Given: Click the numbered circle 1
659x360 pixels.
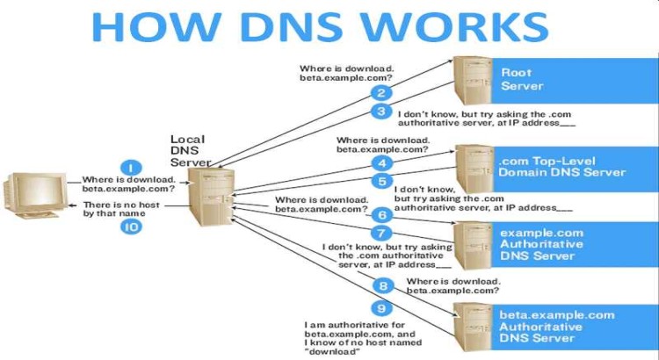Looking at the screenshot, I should (129, 168).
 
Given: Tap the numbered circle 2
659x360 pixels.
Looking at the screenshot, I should (380, 92).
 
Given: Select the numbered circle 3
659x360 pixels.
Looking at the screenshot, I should (380, 112).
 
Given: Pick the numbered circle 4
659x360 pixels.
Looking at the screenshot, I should (380, 162).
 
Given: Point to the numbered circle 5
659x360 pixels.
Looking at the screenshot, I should (380, 182).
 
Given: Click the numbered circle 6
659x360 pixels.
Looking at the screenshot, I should (380, 215).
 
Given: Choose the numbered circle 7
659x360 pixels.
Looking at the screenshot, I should (380, 234).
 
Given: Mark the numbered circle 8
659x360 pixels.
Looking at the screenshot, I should (380, 285).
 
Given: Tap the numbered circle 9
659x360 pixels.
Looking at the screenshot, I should (380, 308).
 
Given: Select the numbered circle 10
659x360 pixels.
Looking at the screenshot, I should (129, 226).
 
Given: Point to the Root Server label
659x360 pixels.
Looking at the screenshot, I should (522, 79).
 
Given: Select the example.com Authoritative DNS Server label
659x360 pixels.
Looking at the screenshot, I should (540, 244).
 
